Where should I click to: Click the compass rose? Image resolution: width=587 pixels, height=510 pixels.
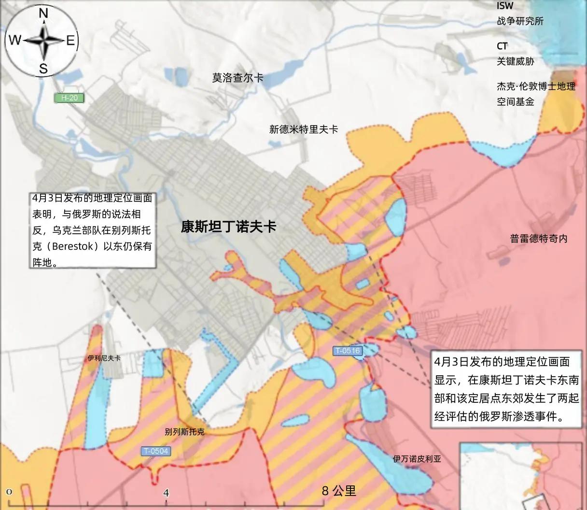pyautogui.click(x=42, y=41)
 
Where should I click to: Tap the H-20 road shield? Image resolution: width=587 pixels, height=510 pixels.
pyautogui.click(x=69, y=98)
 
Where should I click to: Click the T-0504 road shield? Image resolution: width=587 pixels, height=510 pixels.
pyautogui.click(x=156, y=451)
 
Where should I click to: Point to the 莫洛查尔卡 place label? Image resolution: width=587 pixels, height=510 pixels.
pyautogui.click(x=238, y=78)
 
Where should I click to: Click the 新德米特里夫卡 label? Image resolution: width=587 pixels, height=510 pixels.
pyautogui.click(x=303, y=129)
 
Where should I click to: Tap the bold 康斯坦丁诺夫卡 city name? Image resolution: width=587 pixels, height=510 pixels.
pyautogui.click(x=228, y=227)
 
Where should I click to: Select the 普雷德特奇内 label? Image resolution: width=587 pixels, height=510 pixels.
pyautogui.click(x=538, y=238)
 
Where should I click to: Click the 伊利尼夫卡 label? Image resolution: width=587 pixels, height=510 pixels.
pyautogui.click(x=104, y=358)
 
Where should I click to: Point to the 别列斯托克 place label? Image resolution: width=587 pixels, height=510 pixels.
pyautogui.click(x=184, y=431)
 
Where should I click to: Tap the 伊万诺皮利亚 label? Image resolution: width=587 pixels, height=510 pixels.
pyautogui.click(x=417, y=459)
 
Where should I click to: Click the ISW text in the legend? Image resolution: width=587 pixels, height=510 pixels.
pyautogui.click(x=505, y=6)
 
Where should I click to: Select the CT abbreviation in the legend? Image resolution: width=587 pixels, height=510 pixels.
pyautogui.click(x=502, y=46)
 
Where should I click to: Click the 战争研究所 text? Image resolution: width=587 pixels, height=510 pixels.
pyautogui.click(x=520, y=21)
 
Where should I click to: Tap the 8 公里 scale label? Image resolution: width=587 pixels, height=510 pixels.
pyautogui.click(x=339, y=491)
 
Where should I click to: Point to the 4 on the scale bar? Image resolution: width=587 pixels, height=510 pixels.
pyautogui.click(x=167, y=493)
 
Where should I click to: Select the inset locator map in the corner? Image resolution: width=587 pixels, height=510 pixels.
pyautogui.click(x=523, y=476)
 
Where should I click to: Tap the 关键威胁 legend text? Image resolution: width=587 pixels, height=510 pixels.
pyautogui.click(x=515, y=61)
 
